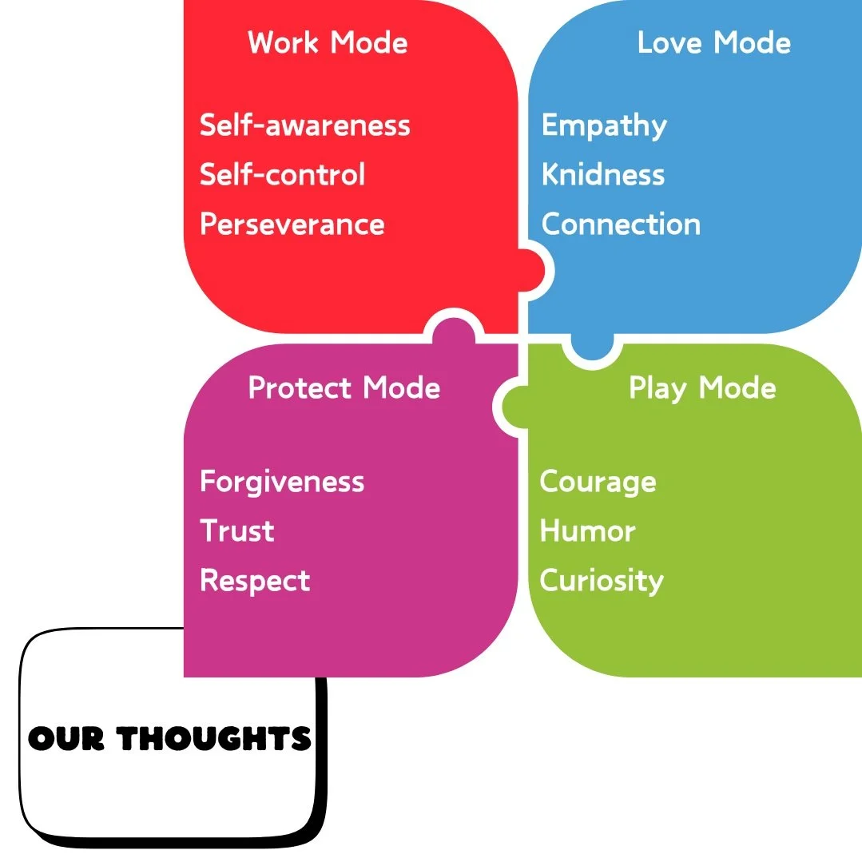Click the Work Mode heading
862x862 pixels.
point(328,42)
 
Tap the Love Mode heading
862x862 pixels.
point(713,42)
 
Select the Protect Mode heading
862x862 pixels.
point(344,388)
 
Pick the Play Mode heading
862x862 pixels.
point(702,388)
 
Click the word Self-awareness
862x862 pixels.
point(304,125)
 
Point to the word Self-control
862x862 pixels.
point(282,175)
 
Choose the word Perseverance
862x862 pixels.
point(292,224)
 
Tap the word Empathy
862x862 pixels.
point(604,126)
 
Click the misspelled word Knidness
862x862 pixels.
point(603,175)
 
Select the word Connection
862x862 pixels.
point(621,224)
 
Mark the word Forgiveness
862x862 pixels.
point(282,482)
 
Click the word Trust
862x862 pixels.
point(236,531)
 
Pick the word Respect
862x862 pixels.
point(255,581)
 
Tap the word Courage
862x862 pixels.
point(598,483)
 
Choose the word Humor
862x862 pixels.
point(587,531)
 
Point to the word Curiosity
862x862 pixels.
point(601,581)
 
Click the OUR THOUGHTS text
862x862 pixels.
point(169,738)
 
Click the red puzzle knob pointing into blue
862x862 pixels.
point(533,270)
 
